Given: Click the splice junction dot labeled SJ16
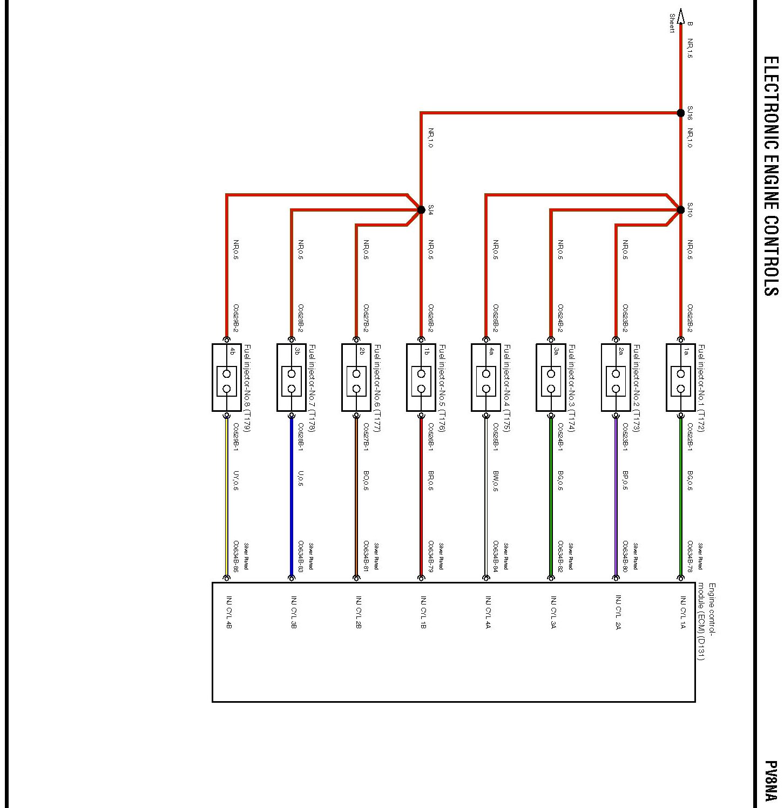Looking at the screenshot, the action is coord(680,113).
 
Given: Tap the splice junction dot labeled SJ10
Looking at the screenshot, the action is coord(680,210).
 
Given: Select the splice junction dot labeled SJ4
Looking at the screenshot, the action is coord(421,210).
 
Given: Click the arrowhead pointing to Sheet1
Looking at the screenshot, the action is coord(680,16).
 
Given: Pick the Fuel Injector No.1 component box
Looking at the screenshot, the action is coord(680,377).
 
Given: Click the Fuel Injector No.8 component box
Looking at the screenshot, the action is coord(227,377).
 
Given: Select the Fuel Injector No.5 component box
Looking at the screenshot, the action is coord(421,377).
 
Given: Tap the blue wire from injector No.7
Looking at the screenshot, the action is coord(292,497).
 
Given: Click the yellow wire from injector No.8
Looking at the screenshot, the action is coord(227,497).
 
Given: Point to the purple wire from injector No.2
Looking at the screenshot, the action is coord(616,497).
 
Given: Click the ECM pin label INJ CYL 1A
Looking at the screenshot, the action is coord(682,612).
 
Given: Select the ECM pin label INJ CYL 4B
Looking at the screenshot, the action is coord(229,612).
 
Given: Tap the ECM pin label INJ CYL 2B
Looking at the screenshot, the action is coord(359,612).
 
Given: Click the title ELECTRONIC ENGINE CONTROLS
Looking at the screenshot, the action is coord(771,176).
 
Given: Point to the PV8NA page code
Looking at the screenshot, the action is coord(771,780).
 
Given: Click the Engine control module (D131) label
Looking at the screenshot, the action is coord(706,621).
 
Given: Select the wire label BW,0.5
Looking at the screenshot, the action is coord(496,481).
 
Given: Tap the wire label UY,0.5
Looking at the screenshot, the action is coord(236,481).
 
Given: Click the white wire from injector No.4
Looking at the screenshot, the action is coord(486,497).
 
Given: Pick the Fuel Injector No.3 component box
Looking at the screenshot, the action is coord(551,377).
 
